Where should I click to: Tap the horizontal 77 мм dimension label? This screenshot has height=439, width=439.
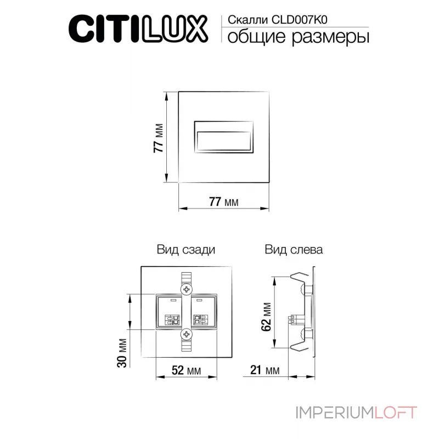click(223, 201)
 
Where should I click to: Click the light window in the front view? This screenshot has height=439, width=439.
click(224, 136)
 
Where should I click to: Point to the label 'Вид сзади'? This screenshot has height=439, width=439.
click(185, 250)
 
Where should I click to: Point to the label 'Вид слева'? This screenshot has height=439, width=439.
click(294, 250)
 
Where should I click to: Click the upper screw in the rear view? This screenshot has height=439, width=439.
click(187, 289)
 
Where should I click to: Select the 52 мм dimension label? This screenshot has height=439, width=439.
click(185, 370)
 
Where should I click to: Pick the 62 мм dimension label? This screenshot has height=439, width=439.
click(266, 317)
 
